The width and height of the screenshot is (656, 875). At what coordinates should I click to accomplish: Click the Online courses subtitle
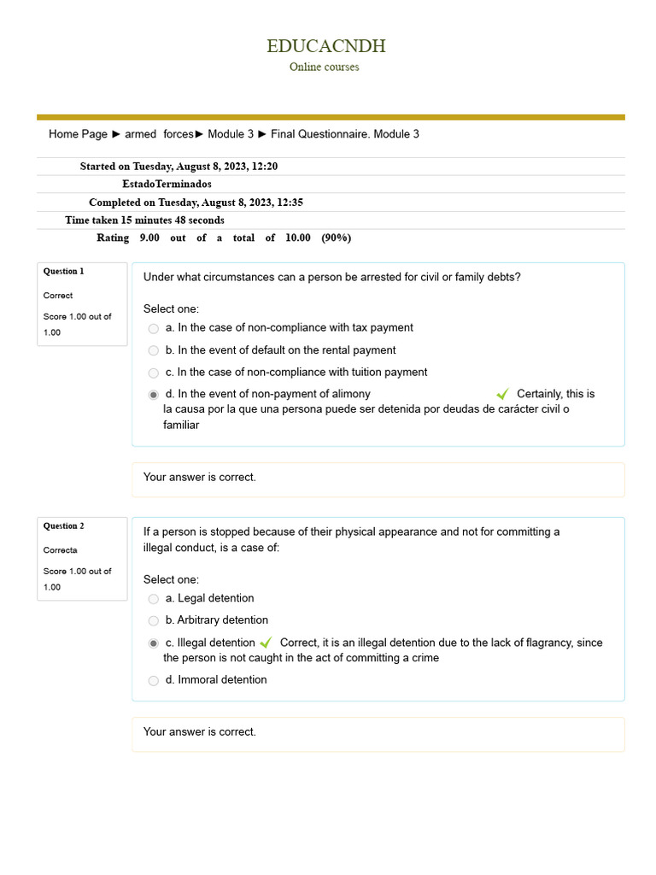[x=324, y=67]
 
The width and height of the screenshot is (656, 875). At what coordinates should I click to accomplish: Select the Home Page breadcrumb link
[x=78, y=134]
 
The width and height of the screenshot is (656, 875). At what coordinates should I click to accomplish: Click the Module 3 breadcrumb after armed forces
[x=231, y=134]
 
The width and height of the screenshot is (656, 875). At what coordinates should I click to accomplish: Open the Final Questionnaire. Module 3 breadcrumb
[x=344, y=134]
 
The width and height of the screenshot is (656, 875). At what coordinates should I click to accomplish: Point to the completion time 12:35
[x=289, y=203]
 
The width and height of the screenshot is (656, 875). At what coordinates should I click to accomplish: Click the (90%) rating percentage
[x=336, y=238]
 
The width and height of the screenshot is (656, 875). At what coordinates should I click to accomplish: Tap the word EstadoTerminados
[x=167, y=184]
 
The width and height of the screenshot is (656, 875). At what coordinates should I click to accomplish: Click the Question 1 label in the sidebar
[x=64, y=271]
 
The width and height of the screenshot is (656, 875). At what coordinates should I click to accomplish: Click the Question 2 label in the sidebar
[x=64, y=526]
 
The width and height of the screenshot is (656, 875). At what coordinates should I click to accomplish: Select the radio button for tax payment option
[x=154, y=328]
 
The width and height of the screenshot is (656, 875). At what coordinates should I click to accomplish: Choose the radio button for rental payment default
[x=154, y=350]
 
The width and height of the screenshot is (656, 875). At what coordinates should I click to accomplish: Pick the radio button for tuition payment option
[x=154, y=373]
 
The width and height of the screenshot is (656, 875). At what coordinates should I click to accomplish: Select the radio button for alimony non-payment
[x=154, y=395]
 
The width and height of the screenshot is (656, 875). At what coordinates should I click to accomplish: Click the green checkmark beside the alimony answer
[x=502, y=394]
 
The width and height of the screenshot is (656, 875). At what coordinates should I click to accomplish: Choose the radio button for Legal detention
[x=154, y=599]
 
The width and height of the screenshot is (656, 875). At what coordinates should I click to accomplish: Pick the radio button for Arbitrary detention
[x=154, y=621]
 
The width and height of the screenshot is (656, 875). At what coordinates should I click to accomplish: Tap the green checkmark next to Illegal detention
[x=266, y=643]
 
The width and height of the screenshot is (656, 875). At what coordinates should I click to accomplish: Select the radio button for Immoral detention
[x=154, y=681]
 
